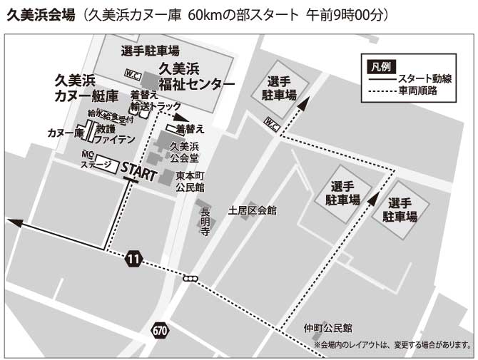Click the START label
click(x=139, y=170)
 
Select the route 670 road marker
click(x=160, y=329)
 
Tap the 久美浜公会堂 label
click(x=183, y=152)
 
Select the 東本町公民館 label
click(x=190, y=181)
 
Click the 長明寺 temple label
click(x=205, y=222)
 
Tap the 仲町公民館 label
click(x=327, y=329)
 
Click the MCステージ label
click(x=96, y=160)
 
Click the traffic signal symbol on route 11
click(x=190, y=279)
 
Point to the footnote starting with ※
click(x=392, y=345)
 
